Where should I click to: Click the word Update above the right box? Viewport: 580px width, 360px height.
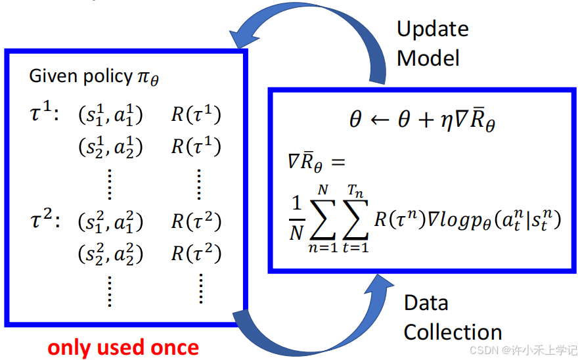(432, 30)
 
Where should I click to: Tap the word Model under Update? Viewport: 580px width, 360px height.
(428, 58)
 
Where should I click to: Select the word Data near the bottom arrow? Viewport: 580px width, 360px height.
(426, 303)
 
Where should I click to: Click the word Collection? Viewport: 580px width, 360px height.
(453, 332)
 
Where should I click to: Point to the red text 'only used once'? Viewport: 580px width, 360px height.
(123, 348)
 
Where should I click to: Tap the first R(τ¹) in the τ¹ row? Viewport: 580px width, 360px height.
(196, 115)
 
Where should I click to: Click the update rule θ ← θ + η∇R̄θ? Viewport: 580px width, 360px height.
(421, 121)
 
